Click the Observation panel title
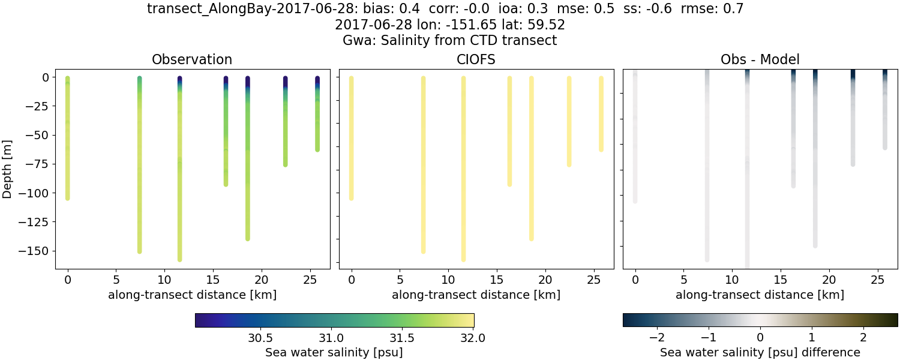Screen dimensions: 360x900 click(x=192, y=59)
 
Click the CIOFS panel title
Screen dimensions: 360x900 click(x=476, y=59)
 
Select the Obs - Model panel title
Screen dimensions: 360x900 click(x=760, y=59)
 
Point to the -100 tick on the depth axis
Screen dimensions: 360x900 click(x=37, y=193)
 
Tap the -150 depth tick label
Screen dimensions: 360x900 click(x=37, y=251)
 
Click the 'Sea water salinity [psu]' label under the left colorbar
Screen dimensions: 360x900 click(x=334, y=352)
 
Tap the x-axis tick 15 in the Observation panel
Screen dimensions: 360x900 click(x=212, y=280)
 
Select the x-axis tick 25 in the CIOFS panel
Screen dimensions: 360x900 click(x=593, y=280)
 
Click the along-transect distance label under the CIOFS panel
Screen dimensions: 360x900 click(x=476, y=295)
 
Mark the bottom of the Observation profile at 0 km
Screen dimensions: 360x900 click(x=67, y=197)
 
